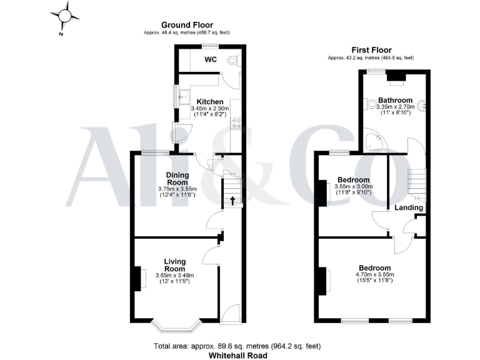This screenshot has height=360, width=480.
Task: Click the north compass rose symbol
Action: pos(66,16)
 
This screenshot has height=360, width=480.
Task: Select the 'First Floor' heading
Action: pos(371,50)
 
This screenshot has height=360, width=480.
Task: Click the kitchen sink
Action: pos(184,97)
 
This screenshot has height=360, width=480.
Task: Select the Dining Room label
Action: pos(177,179)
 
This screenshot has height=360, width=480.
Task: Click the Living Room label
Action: pos(176,265)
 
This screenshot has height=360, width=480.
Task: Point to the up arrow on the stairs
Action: pos(232,201)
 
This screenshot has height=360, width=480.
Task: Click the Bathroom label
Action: pos(395,100)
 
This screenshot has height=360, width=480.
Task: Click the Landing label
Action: pos(409,207)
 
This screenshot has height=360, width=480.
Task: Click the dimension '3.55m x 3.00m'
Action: pos(353,186)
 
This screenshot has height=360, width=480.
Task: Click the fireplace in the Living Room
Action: pos(136,278)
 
